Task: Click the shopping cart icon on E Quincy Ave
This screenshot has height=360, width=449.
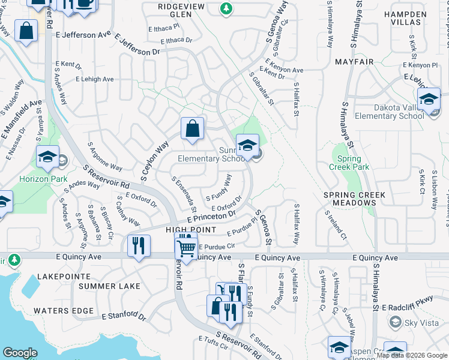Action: point(187,247)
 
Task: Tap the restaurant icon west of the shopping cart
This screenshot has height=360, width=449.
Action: point(139,246)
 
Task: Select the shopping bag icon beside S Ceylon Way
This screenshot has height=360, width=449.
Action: point(193,128)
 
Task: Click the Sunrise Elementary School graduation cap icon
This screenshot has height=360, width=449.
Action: point(247,145)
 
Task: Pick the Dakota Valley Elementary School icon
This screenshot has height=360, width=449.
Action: point(429,99)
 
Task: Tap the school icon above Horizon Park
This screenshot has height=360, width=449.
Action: point(47,157)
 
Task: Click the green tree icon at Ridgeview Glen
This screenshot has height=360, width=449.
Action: point(226,8)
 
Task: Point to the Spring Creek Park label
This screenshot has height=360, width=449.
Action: point(346,163)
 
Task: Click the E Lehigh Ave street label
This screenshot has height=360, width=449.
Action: point(94,79)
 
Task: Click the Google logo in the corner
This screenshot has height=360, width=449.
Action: point(20,353)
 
